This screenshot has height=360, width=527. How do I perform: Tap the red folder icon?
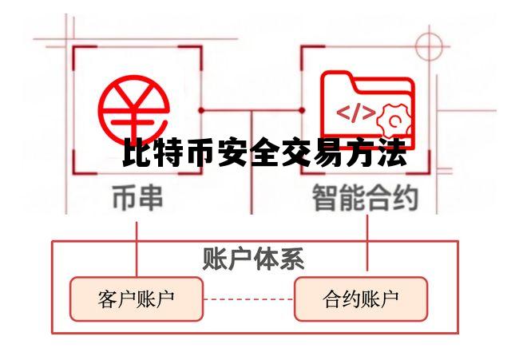(x=367, y=107)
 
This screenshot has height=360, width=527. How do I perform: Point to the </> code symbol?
(x=356, y=113)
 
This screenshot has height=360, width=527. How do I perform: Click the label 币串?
(x=137, y=198)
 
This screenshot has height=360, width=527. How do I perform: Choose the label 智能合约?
(x=366, y=198)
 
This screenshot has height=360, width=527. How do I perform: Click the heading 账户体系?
(x=254, y=259)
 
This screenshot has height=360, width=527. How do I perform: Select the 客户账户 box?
(x=137, y=299)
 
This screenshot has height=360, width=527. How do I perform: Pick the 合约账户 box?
(x=361, y=299)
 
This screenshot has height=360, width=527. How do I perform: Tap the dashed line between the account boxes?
(x=248, y=299)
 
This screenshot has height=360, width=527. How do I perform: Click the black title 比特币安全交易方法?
(x=264, y=153)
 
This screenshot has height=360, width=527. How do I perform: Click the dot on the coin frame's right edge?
(x=201, y=110)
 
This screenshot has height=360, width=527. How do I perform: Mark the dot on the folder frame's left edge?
(x=302, y=110)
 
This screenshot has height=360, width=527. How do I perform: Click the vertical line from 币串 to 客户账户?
(x=137, y=249)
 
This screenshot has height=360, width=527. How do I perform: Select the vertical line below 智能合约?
(x=367, y=243)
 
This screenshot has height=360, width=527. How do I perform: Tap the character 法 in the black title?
(x=392, y=153)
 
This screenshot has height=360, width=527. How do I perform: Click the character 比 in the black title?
(x=137, y=153)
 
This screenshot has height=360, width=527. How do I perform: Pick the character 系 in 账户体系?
(x=292, y=259)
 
